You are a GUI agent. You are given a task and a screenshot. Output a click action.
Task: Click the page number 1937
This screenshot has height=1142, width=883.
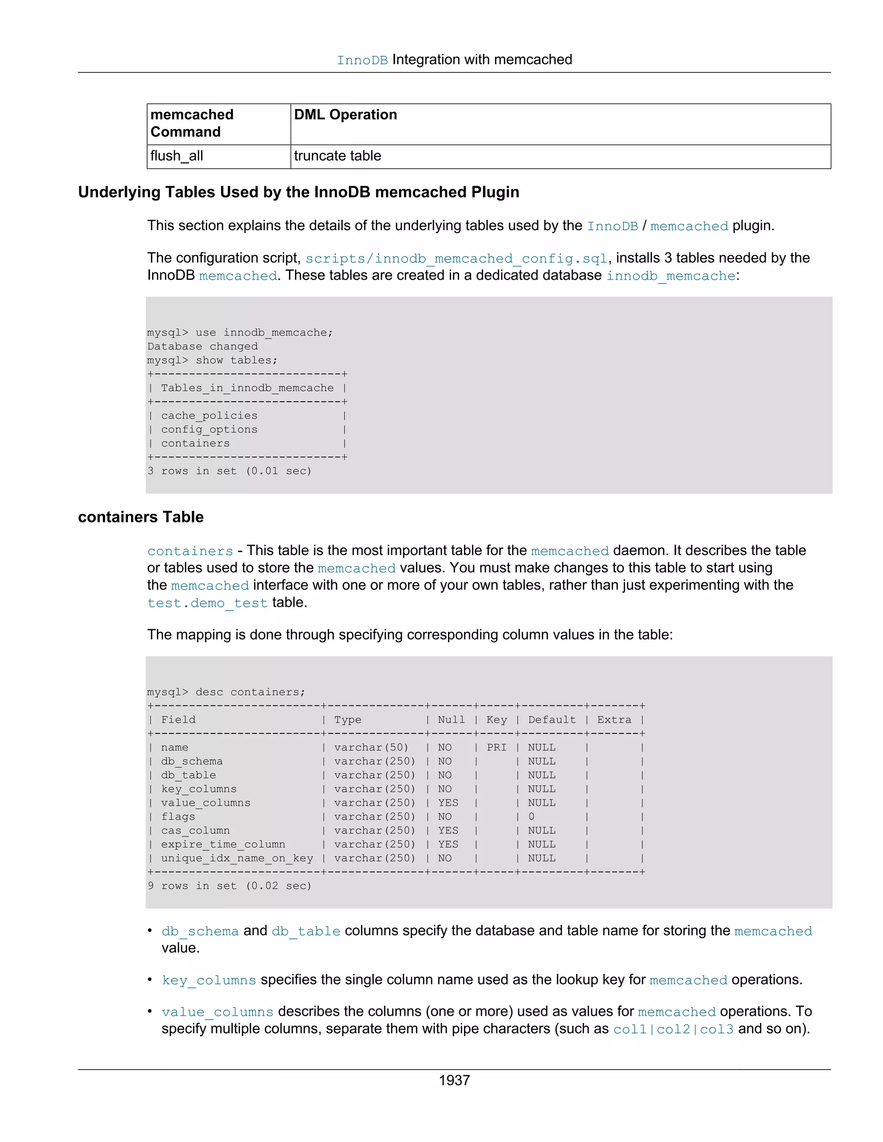pyautogui.click(x=454, y=1080)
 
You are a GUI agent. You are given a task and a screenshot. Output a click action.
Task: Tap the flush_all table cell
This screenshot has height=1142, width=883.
pyautogui.click(x=177, y=156)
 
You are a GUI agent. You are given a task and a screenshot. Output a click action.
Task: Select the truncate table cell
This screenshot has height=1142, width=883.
pyautogui.click(x=338, y=156)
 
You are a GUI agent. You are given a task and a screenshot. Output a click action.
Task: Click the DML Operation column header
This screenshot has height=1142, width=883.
pyautogui.click(x=345, y=115)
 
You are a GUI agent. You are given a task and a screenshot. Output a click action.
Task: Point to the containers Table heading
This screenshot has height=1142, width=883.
pyautogui.click(x=141, y=517)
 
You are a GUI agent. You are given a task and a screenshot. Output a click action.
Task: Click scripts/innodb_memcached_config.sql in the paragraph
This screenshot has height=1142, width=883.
pyautogui.click(x=456, y=258)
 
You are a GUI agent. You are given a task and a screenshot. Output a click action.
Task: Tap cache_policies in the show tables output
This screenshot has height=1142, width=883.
pyautogui.click(x=209, y=416)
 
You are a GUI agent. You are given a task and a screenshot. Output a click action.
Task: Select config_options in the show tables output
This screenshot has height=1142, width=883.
pyautogui.click(x=209, y=429)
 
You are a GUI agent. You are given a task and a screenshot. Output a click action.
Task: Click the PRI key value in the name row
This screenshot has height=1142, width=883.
pyautogui.click(x=496, y=747)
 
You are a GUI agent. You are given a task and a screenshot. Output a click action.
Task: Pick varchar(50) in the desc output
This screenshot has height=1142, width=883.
pyautogui.click(x=371, y=747)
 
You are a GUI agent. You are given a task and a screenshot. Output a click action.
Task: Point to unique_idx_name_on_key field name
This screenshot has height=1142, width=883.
pyautogui.click(x=237, y=858)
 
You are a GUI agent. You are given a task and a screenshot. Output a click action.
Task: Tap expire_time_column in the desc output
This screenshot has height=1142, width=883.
pyautogui.click(x=223, y=845)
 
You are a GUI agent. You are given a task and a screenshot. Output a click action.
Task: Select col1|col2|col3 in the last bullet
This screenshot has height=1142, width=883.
pyautogui.click(x=673, y=1029)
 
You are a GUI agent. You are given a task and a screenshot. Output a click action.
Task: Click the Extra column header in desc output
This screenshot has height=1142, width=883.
pyautogui.click(x=614, y=720)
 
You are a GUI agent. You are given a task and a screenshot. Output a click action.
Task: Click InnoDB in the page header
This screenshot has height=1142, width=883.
pyautogui.click(x=362, y=60)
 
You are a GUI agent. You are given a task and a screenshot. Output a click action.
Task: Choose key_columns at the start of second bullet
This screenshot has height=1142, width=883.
pyautogui.click(x=209, y=980)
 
